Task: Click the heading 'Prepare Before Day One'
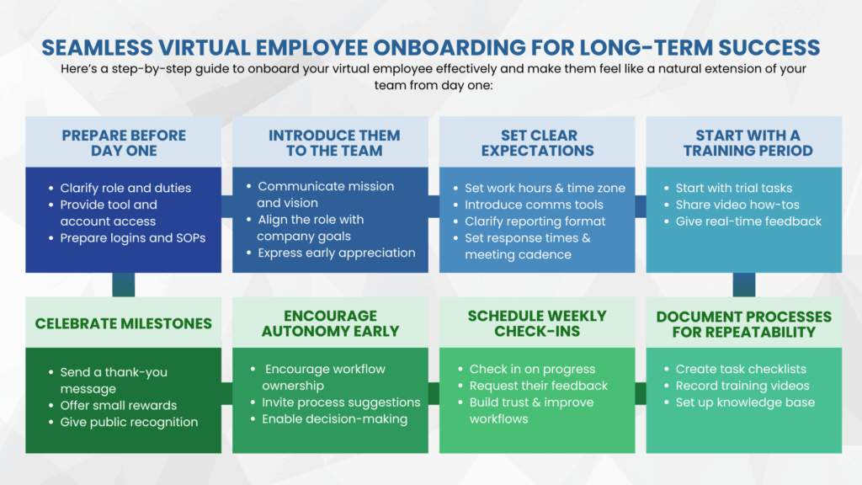point(124,143)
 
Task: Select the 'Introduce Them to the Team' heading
point(334,143)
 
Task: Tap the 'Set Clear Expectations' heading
point(538,143)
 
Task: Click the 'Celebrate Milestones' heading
point(124,323)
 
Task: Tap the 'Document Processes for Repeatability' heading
point(743,323)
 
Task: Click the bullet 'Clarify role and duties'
point(125,188)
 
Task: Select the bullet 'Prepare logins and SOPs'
point(133,237)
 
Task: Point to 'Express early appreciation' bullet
point(337,253)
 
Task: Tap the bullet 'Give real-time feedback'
point(748,221)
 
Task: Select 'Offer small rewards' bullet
point(119,405)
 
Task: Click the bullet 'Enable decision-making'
point(334,418)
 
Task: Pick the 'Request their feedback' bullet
point(539,386)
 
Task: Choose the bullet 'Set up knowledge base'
point(745,402)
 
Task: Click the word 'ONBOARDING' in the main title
point(441,46)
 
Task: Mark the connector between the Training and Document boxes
point(743,285)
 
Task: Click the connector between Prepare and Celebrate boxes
point(124,285)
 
